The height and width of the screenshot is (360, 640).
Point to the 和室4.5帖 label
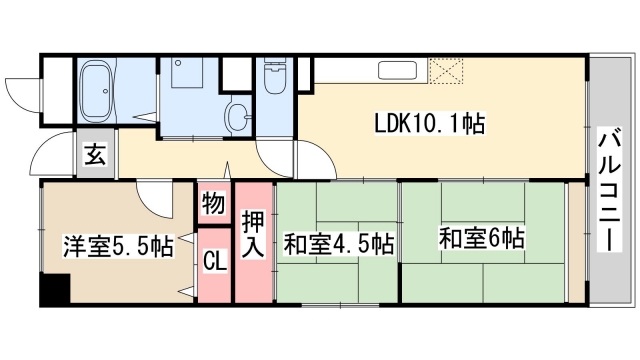338,244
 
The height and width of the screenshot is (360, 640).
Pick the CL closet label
214,263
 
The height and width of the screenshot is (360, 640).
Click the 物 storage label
214,204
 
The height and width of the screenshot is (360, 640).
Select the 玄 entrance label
96,156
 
